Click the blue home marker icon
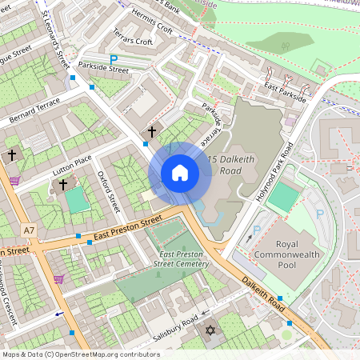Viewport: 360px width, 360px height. tap(180, 173)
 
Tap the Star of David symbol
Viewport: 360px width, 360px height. tap(212, 330)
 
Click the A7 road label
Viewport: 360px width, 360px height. tap(30, 230)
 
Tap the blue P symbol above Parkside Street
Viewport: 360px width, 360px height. tap(114, 58)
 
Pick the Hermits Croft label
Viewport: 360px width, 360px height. tap(153, 26)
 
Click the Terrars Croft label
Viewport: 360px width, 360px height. tap(133, 40)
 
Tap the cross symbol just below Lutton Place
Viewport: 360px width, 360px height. tap(63, 184)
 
